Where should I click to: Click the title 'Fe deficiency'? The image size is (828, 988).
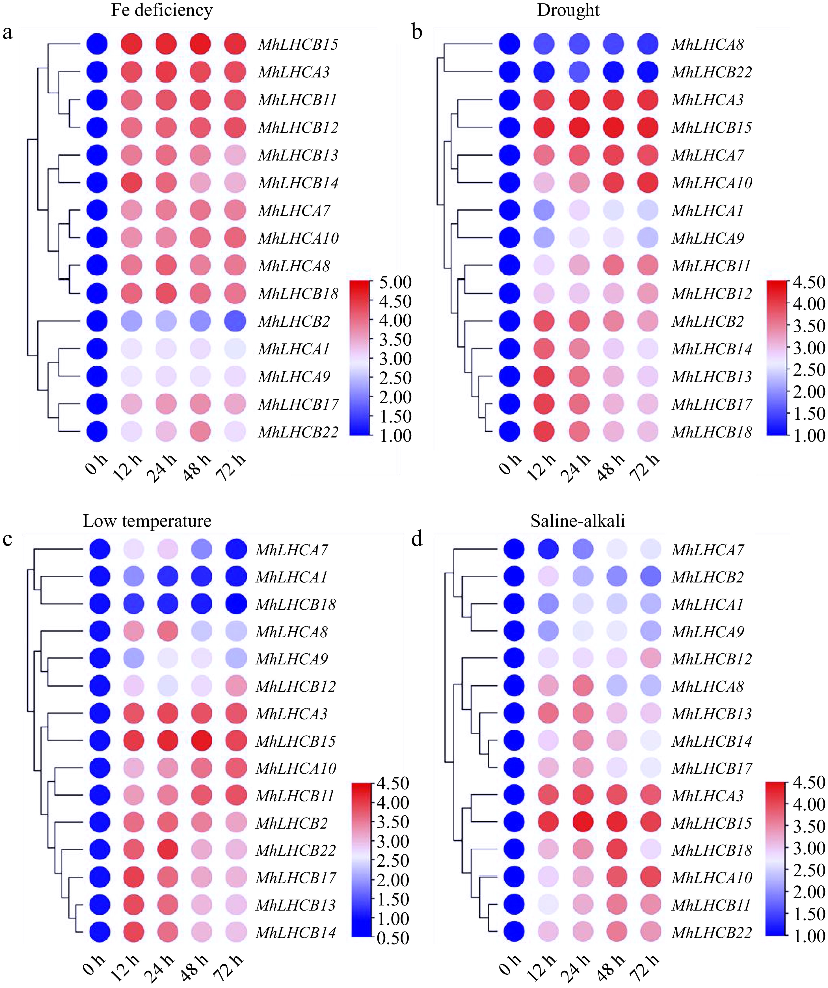[161, 10]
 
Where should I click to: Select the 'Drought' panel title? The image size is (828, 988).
[568, 10]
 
